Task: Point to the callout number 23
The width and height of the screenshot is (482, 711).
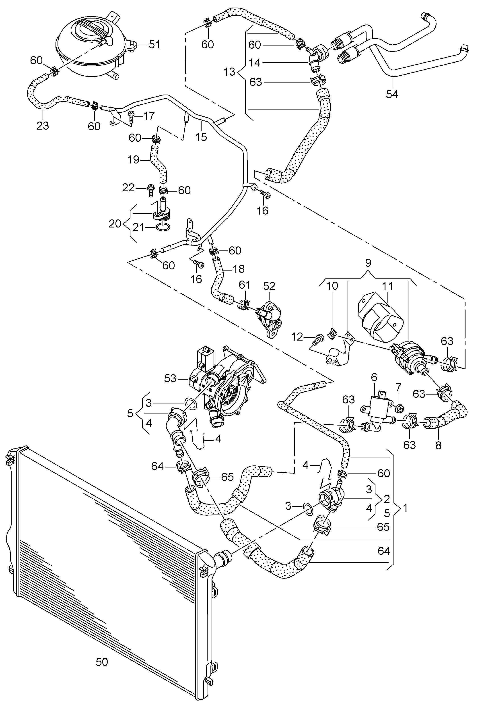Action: tap(43, 125)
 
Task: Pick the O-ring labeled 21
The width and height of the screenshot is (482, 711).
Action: tap(162, 227)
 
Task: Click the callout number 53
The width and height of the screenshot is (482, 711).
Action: tap(170, 378)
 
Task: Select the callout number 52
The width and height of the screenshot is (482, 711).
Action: tap(270, 286)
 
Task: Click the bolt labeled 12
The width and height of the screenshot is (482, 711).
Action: tap(317, 338)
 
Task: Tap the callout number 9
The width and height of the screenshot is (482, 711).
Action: tap(368, 263)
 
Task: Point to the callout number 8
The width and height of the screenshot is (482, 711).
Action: tap(438, 445)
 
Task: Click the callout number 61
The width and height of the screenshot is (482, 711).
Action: tap(244, 285)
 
